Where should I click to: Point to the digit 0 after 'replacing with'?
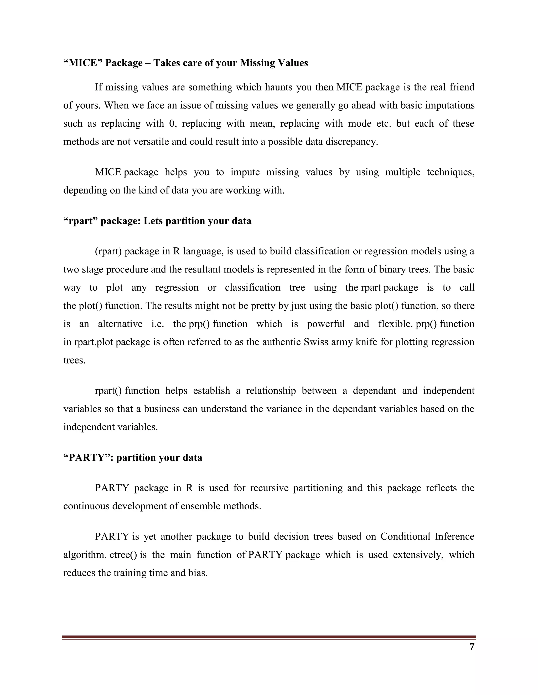click(172, 124)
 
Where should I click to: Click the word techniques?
click(450, 172)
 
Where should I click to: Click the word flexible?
click(395, 324)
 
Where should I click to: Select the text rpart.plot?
click(94, 342)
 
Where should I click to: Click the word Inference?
click(454, 537)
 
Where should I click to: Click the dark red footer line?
click(269, 637)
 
